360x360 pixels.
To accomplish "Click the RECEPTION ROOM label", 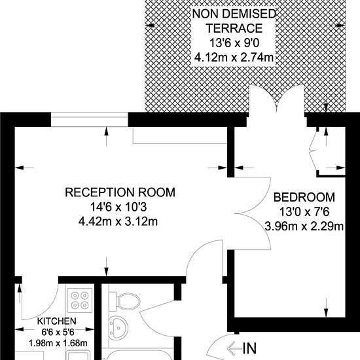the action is (120, 192).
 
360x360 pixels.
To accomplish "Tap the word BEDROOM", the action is (304, 198).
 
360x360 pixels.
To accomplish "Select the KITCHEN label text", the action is (57, 321).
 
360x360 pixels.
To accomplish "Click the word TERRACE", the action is (234, 28).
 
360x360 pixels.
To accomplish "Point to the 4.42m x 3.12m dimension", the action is (118, 222).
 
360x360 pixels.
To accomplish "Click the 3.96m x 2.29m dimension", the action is (304, 226).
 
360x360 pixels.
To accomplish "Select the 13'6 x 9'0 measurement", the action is (234, 43).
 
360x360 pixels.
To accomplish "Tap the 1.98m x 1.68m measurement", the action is (58, 343).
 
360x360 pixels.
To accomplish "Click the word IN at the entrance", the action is (249, 348).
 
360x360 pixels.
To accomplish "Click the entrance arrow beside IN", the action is (234, 349).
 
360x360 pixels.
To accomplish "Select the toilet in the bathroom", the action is (124, 302).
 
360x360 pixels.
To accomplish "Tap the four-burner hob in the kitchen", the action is (80, 300).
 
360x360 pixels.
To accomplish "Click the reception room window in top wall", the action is (89, 119).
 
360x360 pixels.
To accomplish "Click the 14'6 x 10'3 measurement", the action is (118, 207).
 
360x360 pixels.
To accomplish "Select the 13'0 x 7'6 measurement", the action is (304, 212).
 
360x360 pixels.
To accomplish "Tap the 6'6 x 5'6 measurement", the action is (58, 333).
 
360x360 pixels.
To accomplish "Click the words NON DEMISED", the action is (234, 14).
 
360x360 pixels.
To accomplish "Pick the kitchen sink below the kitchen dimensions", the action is (77, 355).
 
